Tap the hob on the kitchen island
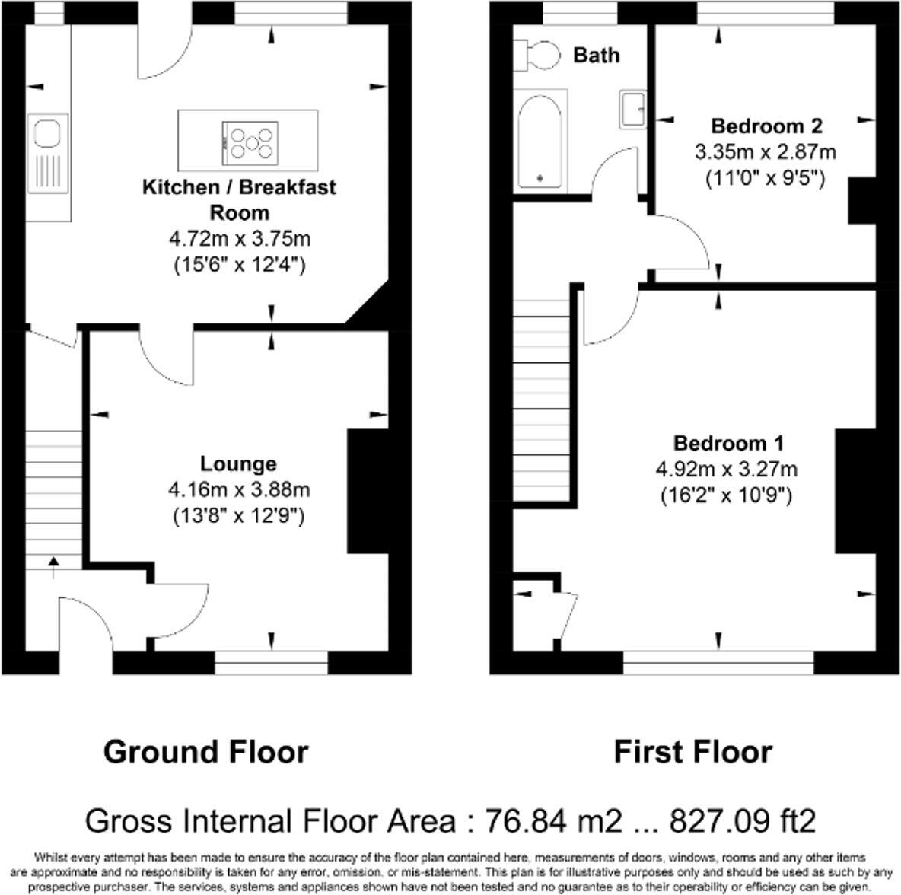[250, 142]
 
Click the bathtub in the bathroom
[541, 141]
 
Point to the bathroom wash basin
[632, 110]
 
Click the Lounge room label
[238, 463]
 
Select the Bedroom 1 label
[728, 443]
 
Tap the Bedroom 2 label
[766, 126]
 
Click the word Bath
[596, 55]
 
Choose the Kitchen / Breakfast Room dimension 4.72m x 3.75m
[239, 239]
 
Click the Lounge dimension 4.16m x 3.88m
[239, 489]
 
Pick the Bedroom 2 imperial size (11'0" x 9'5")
[766, 178]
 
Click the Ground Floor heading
[205, 752]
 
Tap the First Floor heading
[692, 752]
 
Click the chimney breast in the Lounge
[368, 491]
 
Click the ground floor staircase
[53, 495]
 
